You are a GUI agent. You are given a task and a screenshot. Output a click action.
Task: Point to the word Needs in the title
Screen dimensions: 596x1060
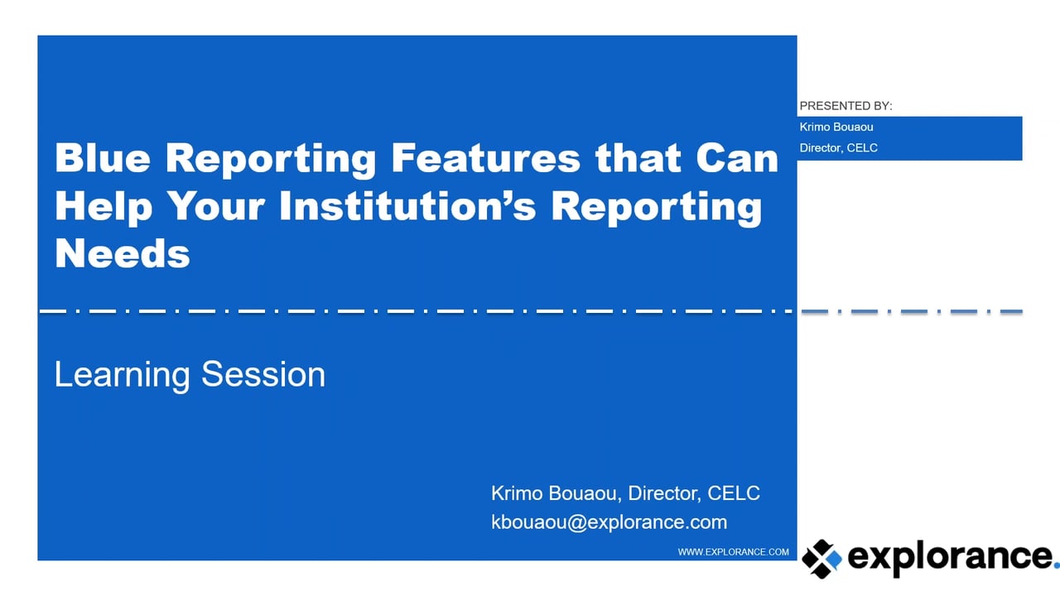click(x=123, y=252)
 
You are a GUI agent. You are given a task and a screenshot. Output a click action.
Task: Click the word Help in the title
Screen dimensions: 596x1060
click(x=104, y=205)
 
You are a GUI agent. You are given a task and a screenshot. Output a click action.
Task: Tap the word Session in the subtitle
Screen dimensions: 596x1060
click(x=263, y=374)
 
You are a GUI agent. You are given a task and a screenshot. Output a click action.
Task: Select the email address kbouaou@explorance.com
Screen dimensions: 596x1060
click(x=609, y=522)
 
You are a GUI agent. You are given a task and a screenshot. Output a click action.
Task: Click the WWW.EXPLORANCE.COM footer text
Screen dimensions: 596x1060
click(x=733, y=551)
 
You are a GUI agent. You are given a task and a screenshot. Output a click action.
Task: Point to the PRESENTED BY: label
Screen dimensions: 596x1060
click(x=846, y=106)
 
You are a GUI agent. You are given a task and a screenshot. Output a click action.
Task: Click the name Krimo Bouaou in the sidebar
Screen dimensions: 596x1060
click(x=836, y=127)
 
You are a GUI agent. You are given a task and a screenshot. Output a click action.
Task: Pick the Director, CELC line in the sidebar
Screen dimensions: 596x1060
click(x=838, y=148)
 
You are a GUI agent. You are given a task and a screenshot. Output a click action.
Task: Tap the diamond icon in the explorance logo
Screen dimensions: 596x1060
click(x=821, y=559)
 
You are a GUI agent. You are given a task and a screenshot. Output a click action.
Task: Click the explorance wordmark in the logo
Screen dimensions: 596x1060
click(x=948, y=557)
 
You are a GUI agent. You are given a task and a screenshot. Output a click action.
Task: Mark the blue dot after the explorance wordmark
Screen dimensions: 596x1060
click(x=1055, y=568)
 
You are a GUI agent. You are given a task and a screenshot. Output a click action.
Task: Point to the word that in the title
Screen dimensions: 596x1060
click(x=637, y=157)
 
